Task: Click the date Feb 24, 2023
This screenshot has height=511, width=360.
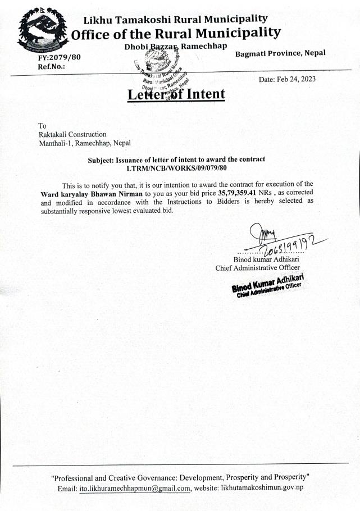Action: [287, 79]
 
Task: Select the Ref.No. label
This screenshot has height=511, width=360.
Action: [52, 66]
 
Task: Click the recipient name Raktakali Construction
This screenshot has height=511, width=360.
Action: [72, 134]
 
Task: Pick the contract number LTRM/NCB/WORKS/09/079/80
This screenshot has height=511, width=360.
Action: [176, 168]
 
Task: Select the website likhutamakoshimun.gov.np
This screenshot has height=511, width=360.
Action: [262, 488]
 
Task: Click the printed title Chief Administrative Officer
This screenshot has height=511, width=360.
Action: [258, 268]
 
